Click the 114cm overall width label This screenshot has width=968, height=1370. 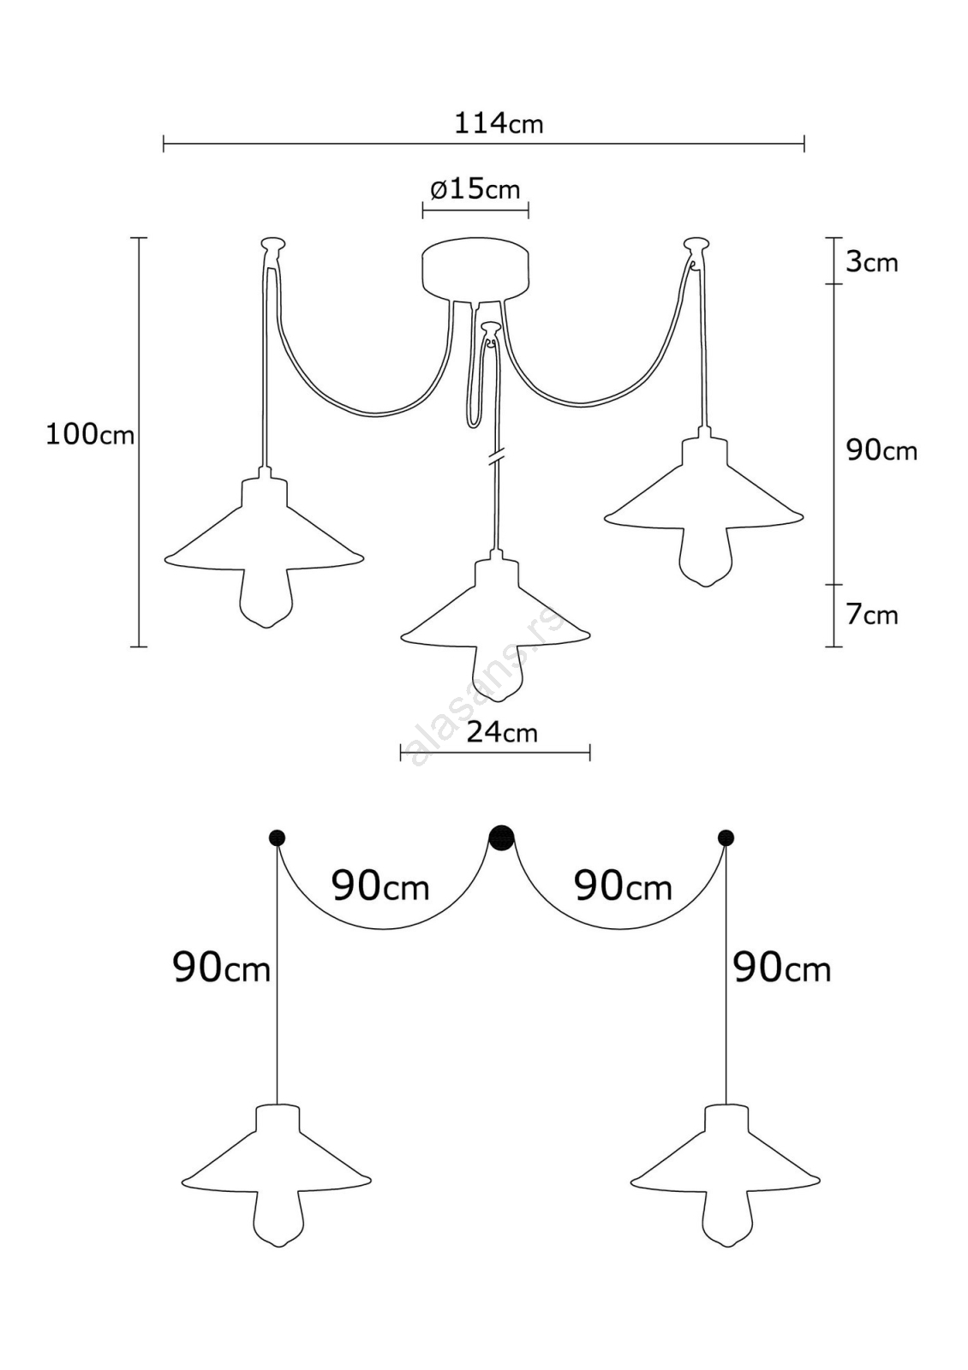pyautogui.click(x=498, y=124)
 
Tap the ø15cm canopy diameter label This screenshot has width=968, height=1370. pyautogui.click(x=475, y=189)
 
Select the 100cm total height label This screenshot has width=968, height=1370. pyautogui.click(x=90, y=436)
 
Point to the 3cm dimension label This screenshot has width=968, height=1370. pyautogui.click(x=872, y=262)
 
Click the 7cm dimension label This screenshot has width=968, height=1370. pyautogui.click(x=872, y=615)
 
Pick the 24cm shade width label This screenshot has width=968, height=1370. pyautogui.click(x=502, y=732)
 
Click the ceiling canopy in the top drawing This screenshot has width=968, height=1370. pyautogui.click(x=475, y=270)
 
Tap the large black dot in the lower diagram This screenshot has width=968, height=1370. pyautogui.click(x=501, y=837)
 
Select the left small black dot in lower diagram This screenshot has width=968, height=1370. pyautogui.click(x=278, y=837)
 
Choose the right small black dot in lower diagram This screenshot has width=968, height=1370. pyautogui.click(x=726, y=837)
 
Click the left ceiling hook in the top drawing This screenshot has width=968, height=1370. pyautogui.click(x=272, y=245)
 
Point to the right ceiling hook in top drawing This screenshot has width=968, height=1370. pyautogui.click(x=696, y=245)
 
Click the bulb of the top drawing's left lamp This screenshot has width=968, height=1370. pyautogui.click(x=265, y=598)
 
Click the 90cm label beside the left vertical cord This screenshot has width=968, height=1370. pyautogui.click(x=222, y=968)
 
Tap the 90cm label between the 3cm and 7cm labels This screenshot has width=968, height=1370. pyautogui.click(x=881, y=450)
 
